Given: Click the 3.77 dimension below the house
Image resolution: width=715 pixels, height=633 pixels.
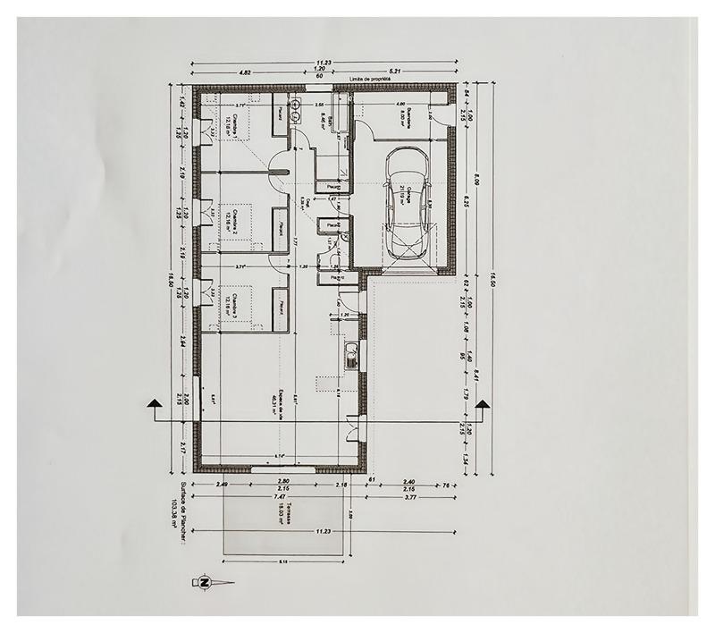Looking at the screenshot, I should (410, 496).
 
